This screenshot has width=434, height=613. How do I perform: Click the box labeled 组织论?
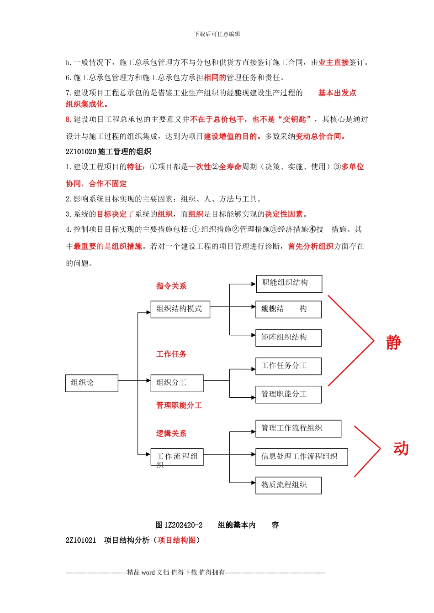pyautogui.click(x=91, y=383)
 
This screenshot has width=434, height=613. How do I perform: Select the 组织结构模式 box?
pyautogui.click(x=180, y=309)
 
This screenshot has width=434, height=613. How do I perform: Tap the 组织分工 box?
pyautogui.click(x=177, y=383)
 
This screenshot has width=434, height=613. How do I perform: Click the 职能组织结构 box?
pyautogui.click(x=289, y=284)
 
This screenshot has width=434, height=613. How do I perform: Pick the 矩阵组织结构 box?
pyautogui.click(x=288, y=338)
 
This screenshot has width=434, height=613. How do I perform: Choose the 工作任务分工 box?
pyautogui.click(x=288, y=366)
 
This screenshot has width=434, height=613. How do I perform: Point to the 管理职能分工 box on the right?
pyautogui.click(x=288, y=394)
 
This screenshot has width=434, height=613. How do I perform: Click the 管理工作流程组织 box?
pyautogui.click(x=298, y=428)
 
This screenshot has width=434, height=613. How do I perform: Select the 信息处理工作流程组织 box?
pyautogui.click(x=302, y=457)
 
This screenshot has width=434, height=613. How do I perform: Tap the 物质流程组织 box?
pyautogui.click(x=288, y=485)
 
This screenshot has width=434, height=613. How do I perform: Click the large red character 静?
pyautogui.click(x=393, y=342)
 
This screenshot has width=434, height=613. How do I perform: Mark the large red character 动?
pyautogui.click(x=401, y=448)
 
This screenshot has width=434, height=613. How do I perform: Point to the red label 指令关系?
pyautogui.click(x=171, y=286)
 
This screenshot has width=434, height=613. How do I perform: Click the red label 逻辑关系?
pyautogui.click(x=171, y=433)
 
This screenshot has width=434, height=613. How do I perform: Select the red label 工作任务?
pyautogui.click(x=171, y=354)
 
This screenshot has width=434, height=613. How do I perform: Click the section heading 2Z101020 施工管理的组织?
pyautogui.click(x=108, y=151)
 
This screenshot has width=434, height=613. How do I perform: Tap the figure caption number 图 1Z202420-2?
pyautogui.click(x=179, y=525)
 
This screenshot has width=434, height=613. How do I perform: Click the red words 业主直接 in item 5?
pyautogui.click(x=333, y=62)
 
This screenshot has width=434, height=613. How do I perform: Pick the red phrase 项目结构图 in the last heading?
pyautogui.click(x=176, y=540)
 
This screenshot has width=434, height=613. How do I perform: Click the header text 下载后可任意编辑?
pyautogui.click(x=217, y=34)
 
